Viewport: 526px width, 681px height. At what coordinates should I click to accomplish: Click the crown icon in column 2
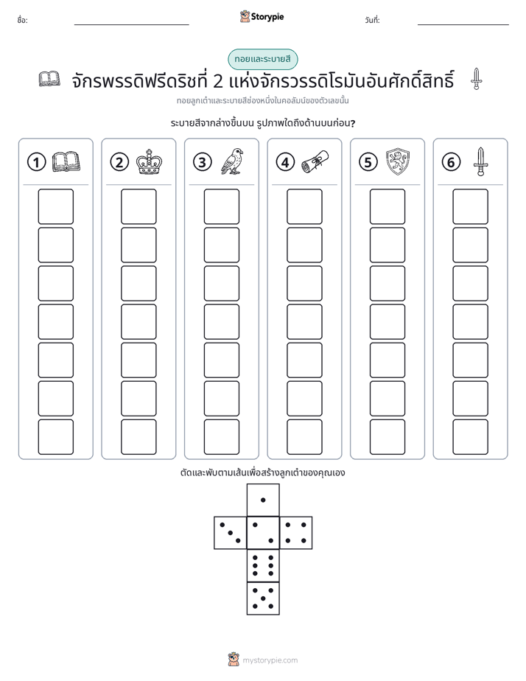(149, 162)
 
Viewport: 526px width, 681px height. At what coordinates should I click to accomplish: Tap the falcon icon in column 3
(232, 161)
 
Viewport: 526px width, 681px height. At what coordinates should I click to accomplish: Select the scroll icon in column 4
(315, 162)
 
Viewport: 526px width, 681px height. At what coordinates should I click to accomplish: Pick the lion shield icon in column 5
(398, 161)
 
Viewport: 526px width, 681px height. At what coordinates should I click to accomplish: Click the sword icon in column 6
(480, 161)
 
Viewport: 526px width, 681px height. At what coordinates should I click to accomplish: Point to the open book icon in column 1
(66, 162)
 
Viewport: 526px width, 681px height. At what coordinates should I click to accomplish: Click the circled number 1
(36, 162)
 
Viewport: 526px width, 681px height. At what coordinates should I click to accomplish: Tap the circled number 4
(285, 162)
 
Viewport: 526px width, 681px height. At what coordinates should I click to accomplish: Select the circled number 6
(451, 162)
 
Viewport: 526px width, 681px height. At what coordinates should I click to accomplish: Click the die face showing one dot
(263, 500)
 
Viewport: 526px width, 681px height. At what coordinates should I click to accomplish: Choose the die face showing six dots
(263, 565)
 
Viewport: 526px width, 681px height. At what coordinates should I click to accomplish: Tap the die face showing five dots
(263, 598)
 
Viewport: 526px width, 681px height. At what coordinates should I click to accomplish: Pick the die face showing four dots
(296, 533)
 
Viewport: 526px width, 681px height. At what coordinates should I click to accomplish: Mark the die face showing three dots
(230, 533)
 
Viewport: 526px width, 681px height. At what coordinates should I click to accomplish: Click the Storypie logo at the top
(262, 16)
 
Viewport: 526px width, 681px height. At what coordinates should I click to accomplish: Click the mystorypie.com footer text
(270, 660)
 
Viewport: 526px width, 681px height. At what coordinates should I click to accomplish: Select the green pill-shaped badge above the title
(263, 59)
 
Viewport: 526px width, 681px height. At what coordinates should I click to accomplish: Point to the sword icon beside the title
(476, 79)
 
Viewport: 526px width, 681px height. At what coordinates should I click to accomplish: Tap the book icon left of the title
(49, 79)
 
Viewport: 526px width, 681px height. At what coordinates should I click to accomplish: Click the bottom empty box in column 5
(387, 437)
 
